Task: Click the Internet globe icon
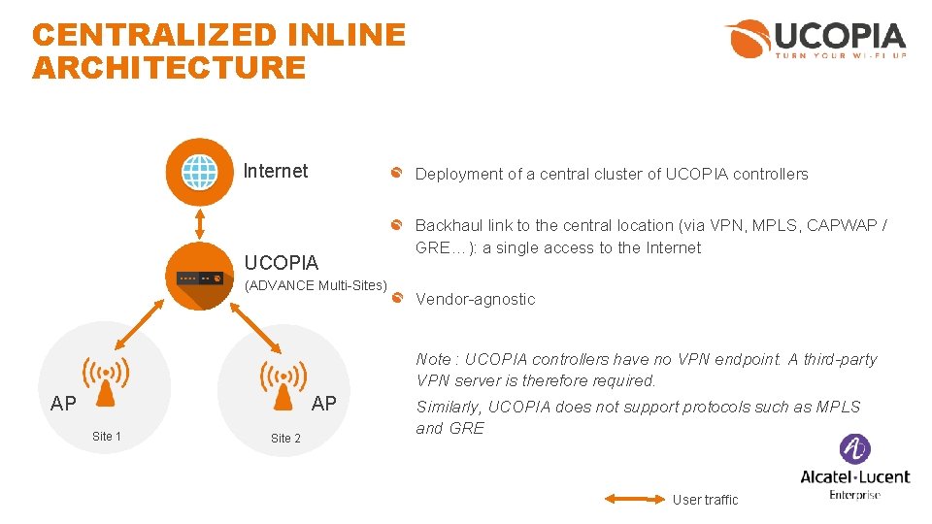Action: [x=200, y=172]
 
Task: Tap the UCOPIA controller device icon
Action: [x=200, y=277]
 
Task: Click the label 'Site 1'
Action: [x=107, y=437]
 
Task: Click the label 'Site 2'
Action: [x=285, y=439]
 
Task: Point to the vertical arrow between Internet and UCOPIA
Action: [x=200, y=223]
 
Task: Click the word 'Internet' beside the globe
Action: [x=276, y=172]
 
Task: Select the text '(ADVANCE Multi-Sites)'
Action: [x=316, y=285]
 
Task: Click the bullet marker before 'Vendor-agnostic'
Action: [x=397, y=298]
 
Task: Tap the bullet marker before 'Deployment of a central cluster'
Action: [x=397, y=174]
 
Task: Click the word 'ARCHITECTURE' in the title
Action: [x=169, y=68]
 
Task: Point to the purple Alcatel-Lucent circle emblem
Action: [x=854, y=449]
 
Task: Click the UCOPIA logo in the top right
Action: [x=815, y=40]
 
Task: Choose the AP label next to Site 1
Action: [x=63, y=404]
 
